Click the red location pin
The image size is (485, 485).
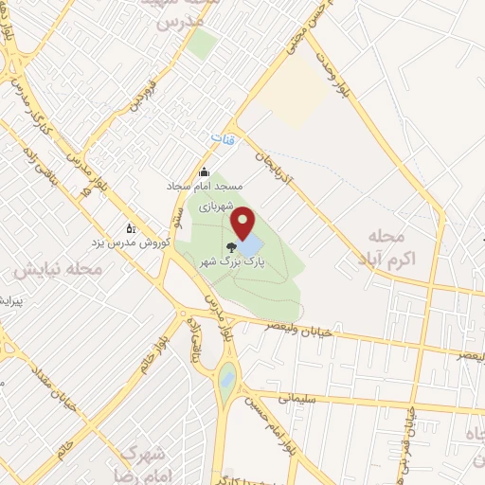(243, 225)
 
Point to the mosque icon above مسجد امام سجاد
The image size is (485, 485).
(204, 171)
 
